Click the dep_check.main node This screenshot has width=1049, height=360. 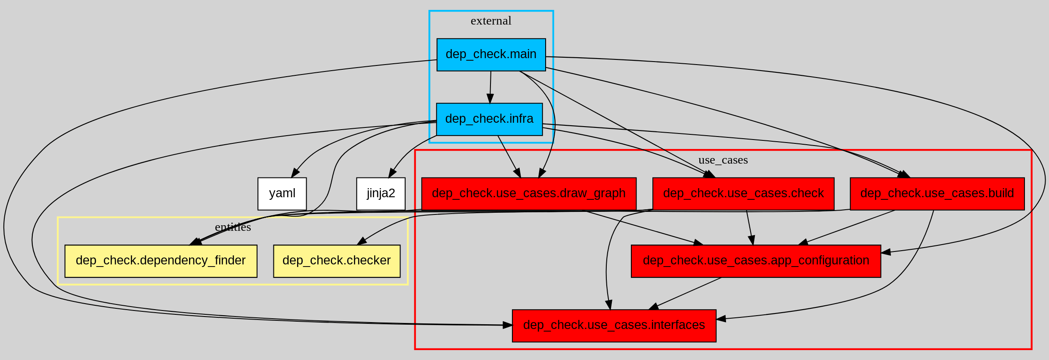[x=491, y=55]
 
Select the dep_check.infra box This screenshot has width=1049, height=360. [x=489, y=119]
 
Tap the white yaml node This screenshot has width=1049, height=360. [x=282, y=193]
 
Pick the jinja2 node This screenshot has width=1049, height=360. [x=381, y=193]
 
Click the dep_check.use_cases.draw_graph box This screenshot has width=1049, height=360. [x=528, y=193]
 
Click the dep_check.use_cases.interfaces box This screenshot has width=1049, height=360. [x=614, y=326]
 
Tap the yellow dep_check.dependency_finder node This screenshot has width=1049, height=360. [x=161, y=261]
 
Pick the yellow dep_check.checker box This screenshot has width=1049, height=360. [x=337, y=261]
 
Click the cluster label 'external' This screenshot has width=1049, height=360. [x=491, y=21]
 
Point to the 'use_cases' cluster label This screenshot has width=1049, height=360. [x=723, y=160]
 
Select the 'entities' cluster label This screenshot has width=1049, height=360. [x=233, y=227]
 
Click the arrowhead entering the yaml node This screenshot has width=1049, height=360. [x=295, y=173]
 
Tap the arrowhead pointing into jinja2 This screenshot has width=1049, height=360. [x=392, y=173]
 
